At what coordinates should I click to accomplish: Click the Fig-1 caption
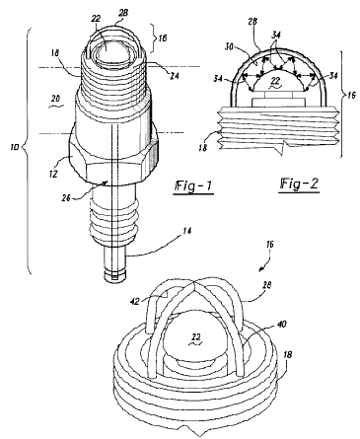point(193,186)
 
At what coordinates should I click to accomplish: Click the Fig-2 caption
point(299,184)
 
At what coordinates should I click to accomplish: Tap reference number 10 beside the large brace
point(15,146)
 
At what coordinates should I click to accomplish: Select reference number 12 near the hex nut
point(54,173)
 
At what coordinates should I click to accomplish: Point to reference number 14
point(186,231)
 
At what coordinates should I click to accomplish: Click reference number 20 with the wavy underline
point(55,98)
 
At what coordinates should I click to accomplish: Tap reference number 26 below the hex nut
point(67,198)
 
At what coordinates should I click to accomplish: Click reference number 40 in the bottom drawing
point(281,325)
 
